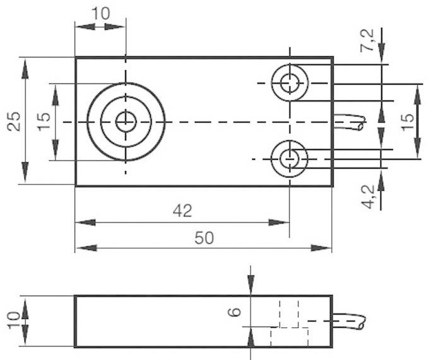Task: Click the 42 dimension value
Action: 182,210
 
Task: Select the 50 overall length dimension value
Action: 203,237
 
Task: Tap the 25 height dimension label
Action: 14,121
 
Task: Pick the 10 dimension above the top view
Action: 100,13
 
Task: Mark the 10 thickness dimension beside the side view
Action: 14,321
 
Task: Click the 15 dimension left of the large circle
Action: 43,121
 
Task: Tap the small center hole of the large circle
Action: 126,121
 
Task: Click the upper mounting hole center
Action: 290,82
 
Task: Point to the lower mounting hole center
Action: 290,159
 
